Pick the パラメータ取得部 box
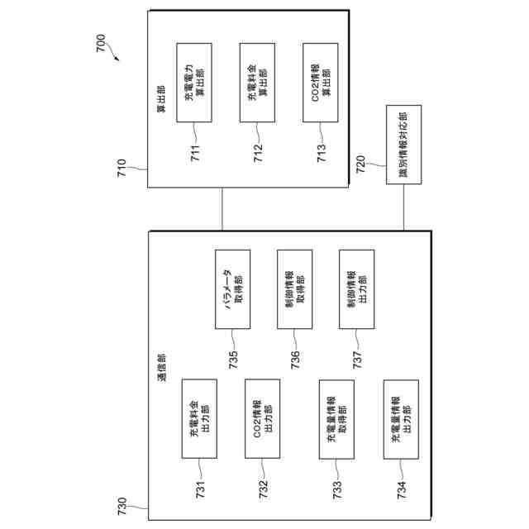click(x=232, y=288)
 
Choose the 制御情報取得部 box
click(x=294, y=288)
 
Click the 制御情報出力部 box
click(x=357, y=288)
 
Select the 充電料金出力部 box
click(x=198, y=418)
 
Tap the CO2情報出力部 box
click(x=262, y=418)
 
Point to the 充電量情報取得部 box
click(x=337, y=418)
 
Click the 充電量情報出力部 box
click(x=401, y=418)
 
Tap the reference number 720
click(x=360, y=164)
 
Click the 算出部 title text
click(x=160, y=98)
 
